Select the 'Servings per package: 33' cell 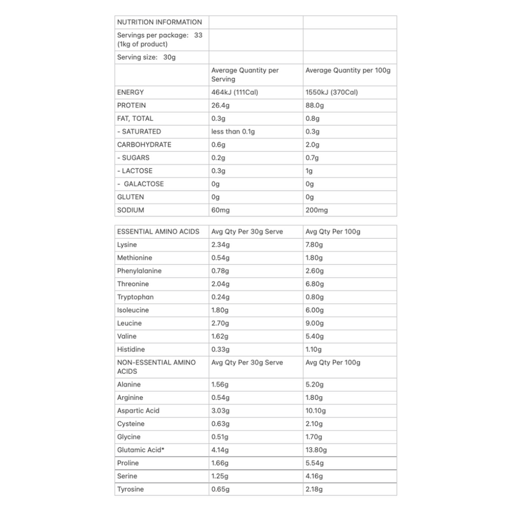pyautogui.click(x=159, y=40)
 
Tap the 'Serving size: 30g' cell pyautogui.click(x=146, y=57)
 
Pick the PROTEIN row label pyautogui.click(x=131, y=105)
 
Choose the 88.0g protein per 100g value pyautogui.click(x=316, y=105)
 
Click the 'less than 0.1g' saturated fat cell pyautogui.click(x=233, y=131)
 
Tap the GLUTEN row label pyautogui.click(x=129, y=196)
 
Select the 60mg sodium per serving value pyautogui.click(x=220, y=210)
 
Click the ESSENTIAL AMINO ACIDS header pyautogui.click(x=158, y=231)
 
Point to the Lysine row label pyautogui.click(x=127, y=244)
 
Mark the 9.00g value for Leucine pyautogui.click(x=315, y=323)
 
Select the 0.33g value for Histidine pyautogui.click(x=220, y=349)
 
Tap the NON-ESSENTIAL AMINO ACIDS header pyautogui.click(x=157, y=366)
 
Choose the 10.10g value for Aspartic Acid pyautogui.click(x=317, y=411)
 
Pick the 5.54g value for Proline pyautogui.click(x=315, y=463)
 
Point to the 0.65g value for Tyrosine pyautogui.click(x=220, y=489)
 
